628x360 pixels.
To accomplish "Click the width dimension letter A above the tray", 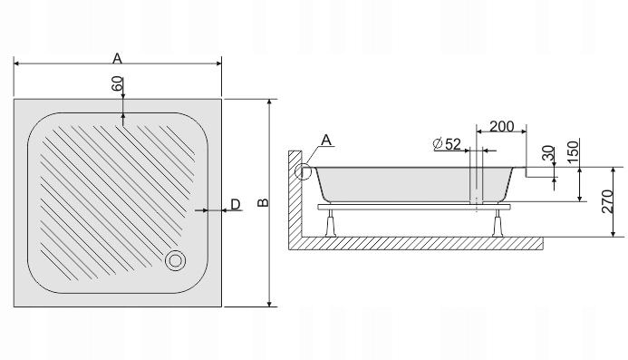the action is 117,59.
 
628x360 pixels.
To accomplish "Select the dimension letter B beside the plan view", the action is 263,202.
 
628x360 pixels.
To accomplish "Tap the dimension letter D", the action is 236,204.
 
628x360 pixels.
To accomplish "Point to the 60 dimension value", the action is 117,83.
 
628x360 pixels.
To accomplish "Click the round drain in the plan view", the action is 176,260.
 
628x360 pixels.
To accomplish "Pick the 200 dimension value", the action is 502,126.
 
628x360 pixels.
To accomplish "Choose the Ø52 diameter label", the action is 448,144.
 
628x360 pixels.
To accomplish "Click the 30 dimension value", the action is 548,152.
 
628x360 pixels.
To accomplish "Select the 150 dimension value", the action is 574,151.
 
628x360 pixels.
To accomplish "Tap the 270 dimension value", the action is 607,201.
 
